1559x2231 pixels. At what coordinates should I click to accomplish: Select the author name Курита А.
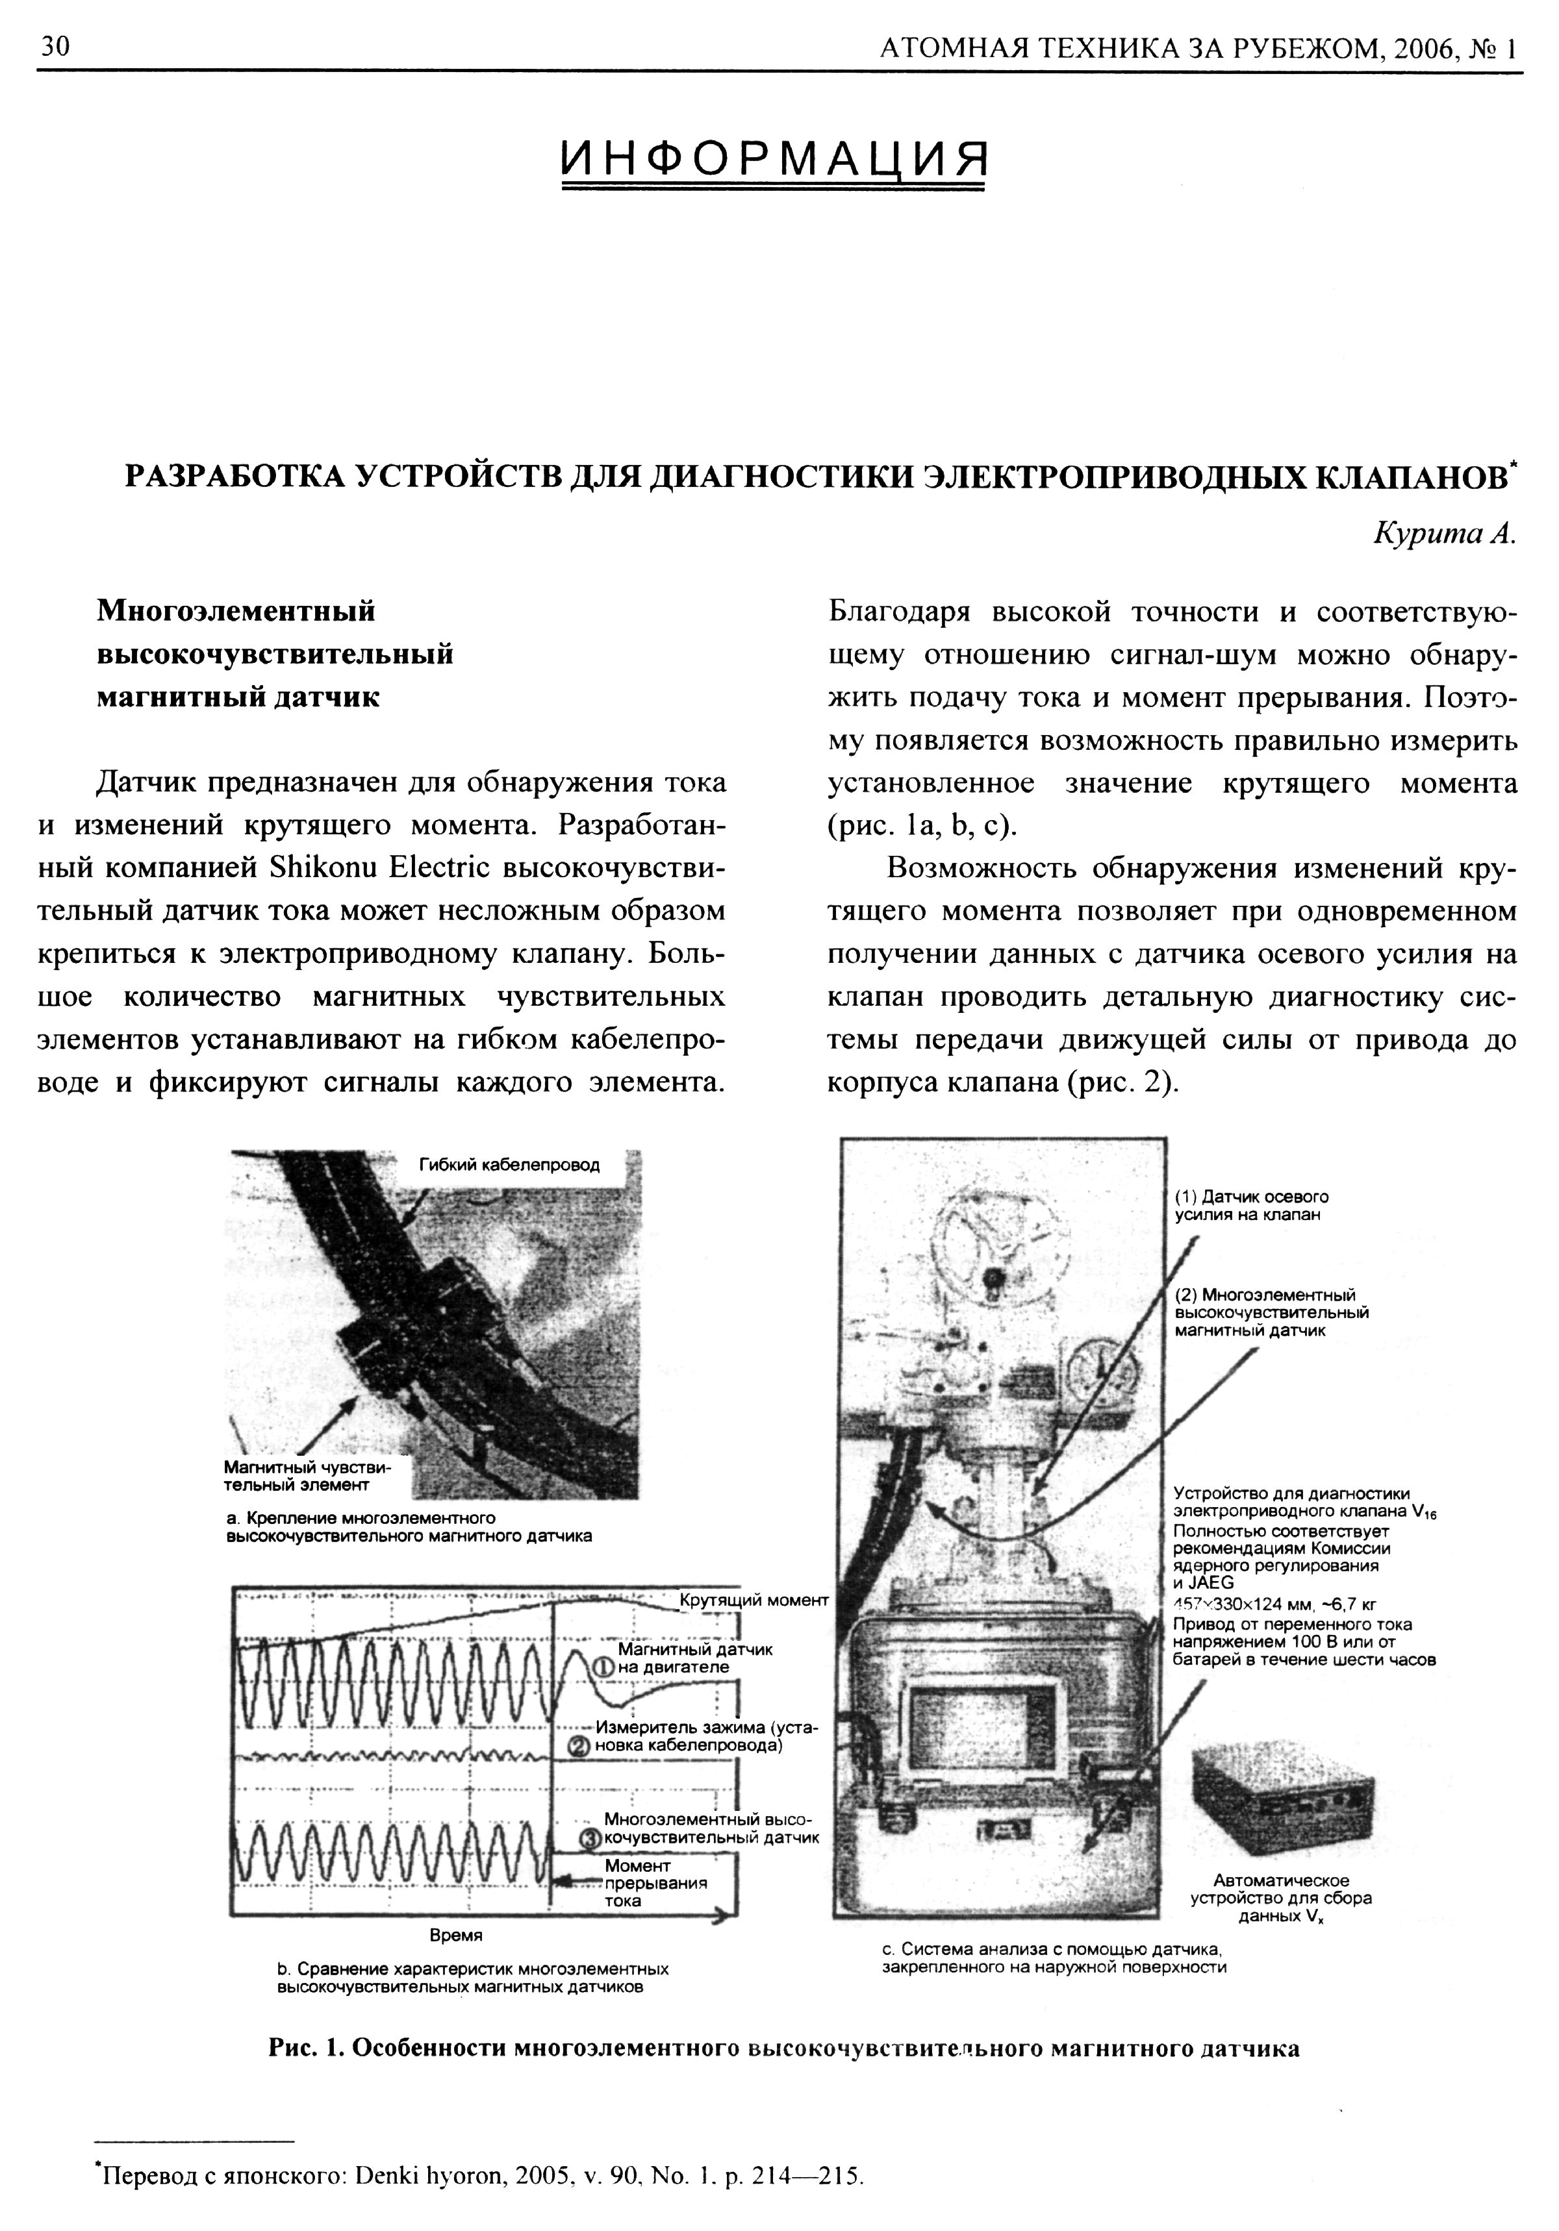coord(1444,534)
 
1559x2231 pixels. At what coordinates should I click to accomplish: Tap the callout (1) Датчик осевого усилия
coord(1251,1206)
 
